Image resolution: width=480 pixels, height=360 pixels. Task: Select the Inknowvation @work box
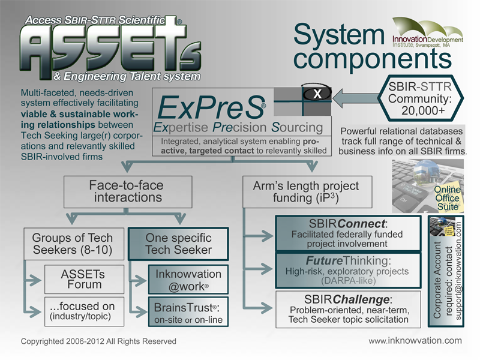pos(188,278)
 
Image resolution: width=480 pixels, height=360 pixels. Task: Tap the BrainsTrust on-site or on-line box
pos(188,312)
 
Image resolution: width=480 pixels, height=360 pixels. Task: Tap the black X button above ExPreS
pos(317,94)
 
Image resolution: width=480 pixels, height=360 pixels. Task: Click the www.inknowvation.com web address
pos(415,340)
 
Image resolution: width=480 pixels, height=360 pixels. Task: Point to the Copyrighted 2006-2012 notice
pos(98,341)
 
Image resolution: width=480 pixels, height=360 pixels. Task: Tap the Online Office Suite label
pos(447,198)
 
